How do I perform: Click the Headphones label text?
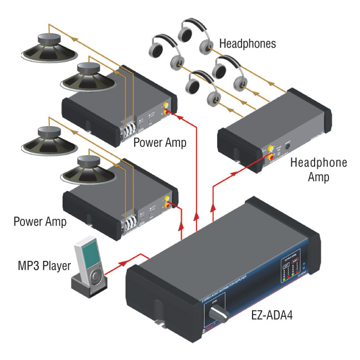247,43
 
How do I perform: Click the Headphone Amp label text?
318,170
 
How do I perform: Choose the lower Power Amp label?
40,222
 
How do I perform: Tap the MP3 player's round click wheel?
96,275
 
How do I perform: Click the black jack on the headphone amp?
287,147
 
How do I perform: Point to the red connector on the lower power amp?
168,206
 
